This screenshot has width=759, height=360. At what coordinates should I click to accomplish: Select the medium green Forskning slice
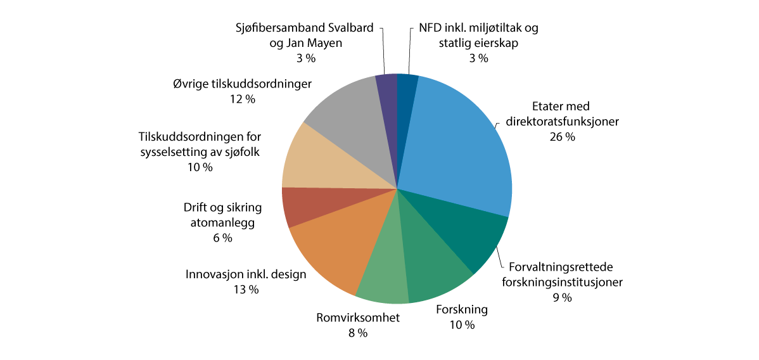pos(431,266)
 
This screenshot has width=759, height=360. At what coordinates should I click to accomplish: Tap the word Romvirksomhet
pos(358,318)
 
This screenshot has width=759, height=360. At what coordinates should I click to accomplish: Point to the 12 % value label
pos(242,100)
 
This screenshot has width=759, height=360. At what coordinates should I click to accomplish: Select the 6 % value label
pos(222,238)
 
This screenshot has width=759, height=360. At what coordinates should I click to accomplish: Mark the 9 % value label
pos(562,297)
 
